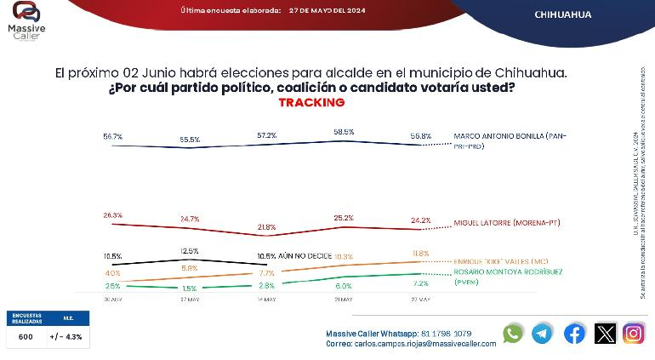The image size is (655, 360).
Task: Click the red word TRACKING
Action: (x=311, y=102)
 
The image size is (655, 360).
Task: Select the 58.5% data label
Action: (x=344, y=132)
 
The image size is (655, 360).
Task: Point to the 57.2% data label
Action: (x=266, y=135)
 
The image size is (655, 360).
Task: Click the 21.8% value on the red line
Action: (x=266, y=226)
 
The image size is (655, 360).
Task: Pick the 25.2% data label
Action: (x=344, y=218)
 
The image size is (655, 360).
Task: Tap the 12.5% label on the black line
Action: (x=190, y=250)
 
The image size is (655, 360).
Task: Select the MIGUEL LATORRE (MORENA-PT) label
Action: (x=509, y=223)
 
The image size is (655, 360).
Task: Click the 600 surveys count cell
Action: (x=26, y=337)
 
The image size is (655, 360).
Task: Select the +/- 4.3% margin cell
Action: (x=67, y=337)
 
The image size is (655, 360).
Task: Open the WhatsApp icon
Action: (x=512, y=334)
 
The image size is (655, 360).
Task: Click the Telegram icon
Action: (x=542, y=334)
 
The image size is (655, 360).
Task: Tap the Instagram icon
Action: (x=633, y=334)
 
